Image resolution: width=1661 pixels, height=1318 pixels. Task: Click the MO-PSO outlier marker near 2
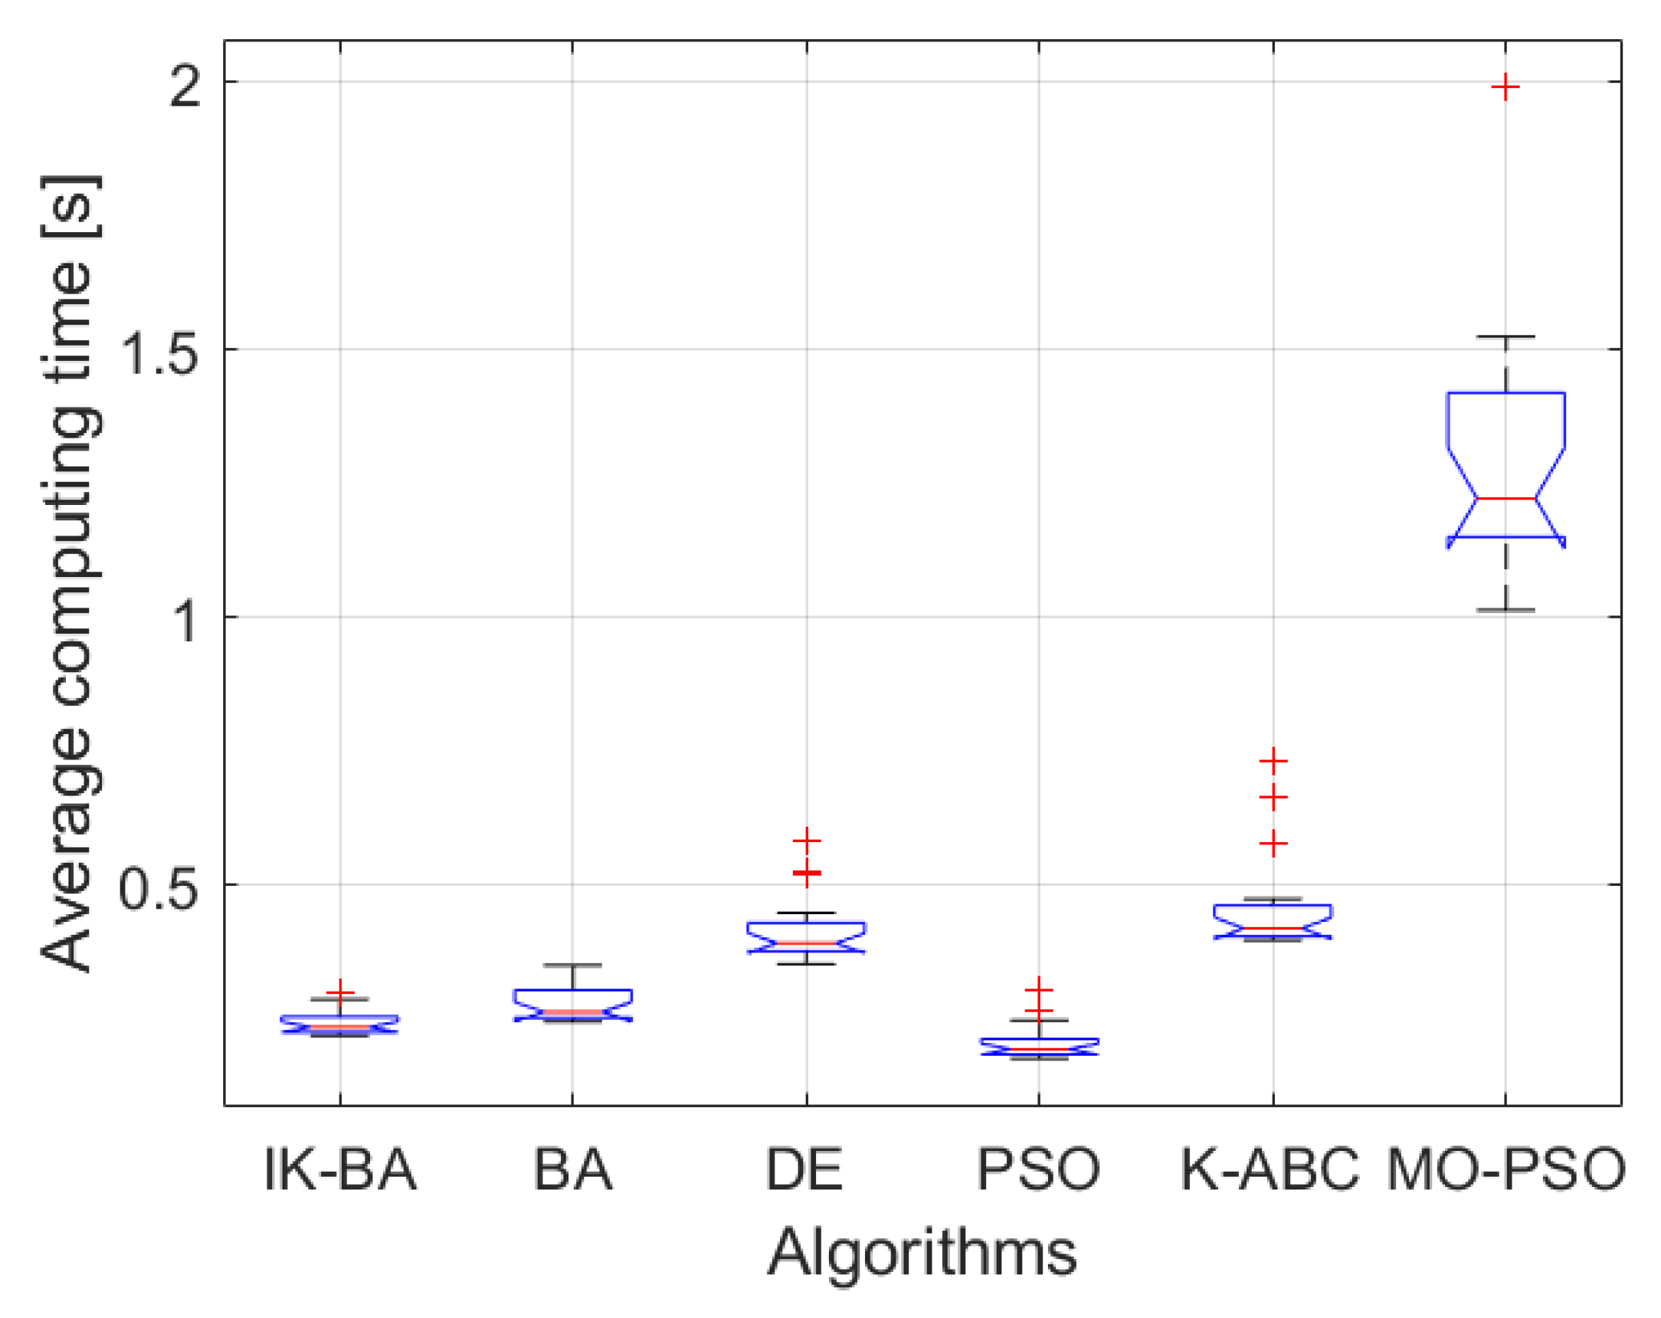1505,88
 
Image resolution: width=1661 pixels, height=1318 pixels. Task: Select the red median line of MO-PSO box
1505,499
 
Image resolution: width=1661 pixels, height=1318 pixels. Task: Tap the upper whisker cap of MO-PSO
1505,337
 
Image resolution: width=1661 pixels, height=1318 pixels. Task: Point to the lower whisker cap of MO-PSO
1505,610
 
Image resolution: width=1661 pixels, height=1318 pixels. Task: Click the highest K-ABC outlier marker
1273,761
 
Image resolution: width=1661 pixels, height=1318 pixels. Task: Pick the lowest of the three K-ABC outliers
1273,843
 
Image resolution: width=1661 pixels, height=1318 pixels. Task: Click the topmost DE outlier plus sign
807,840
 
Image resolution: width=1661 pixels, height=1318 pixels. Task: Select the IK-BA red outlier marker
339,993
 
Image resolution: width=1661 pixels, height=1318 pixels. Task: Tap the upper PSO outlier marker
1039,990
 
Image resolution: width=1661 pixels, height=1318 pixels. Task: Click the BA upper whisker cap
572,965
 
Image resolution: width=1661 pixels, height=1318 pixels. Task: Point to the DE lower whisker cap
807,964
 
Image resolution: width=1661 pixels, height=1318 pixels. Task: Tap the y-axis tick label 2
185,86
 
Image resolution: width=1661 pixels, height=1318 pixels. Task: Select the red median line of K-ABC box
1273,928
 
